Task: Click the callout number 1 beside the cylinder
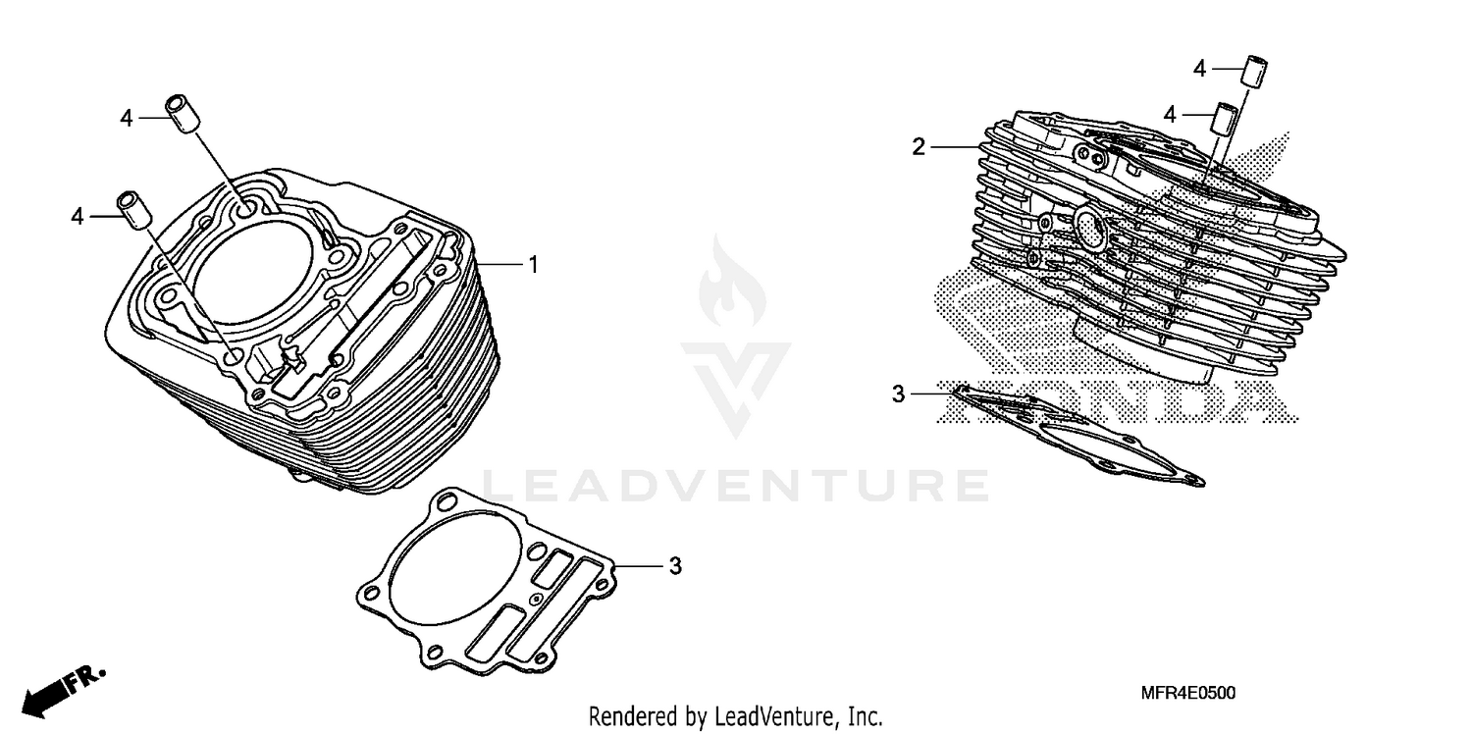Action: tap(533, 265)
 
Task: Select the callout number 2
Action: tap(919, 147)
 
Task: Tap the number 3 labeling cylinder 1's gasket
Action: tap(675, 566)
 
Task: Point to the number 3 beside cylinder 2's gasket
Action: tap(898, 394)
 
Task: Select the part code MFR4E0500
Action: tap(1188, 694)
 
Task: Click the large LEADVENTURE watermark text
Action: tap(736, 486)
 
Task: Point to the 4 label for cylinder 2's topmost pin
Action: tap(1199, 69)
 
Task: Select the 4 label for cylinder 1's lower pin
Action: tap(79, 216)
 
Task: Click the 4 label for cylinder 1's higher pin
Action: tap(126, 118)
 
